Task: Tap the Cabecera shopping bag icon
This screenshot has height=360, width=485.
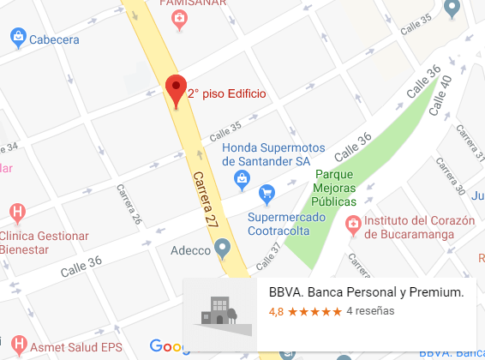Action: point(16,38)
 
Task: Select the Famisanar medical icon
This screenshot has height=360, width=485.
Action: point(177,21)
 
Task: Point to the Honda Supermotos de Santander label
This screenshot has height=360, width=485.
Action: point(272,153)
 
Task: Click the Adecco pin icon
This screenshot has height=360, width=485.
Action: point(223,249)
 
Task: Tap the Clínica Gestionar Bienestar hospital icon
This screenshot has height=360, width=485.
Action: point(16,211)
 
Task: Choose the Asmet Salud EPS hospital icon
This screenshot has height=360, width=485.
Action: point(16,349)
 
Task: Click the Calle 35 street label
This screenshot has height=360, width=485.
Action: point(225,130)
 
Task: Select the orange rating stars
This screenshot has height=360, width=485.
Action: point(314,312)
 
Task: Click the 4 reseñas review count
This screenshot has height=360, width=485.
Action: point(369,312)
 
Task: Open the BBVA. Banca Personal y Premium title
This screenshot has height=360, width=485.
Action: point(366,292)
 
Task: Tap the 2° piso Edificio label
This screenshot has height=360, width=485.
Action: point(227,93)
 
